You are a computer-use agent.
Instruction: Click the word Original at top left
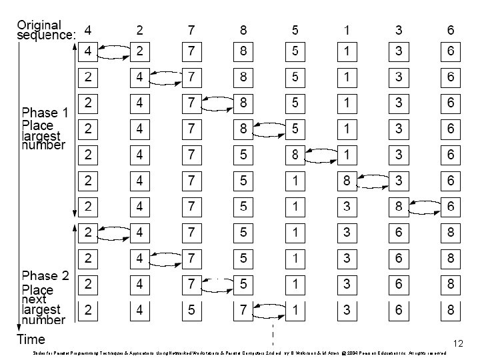click(x=39, y=25)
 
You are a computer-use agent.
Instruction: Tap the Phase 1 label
click(x=45, y=112)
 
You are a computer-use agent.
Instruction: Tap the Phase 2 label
click(x=45, y=276)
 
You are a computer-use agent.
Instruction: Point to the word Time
click(x=31, y=339)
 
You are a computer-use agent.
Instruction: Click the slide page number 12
click(x=457, y=343)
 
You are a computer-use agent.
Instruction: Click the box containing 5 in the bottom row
click(x=191, y=310)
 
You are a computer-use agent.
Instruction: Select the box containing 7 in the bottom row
click(x=243, y=310)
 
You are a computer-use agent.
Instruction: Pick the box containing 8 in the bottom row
click(x=451, y=310)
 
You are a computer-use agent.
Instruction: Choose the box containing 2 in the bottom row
click(x=88, y=310)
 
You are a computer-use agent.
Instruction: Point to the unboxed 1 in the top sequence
click(x=347, y=30)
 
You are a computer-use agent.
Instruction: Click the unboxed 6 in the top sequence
click(x=451, y=30)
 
